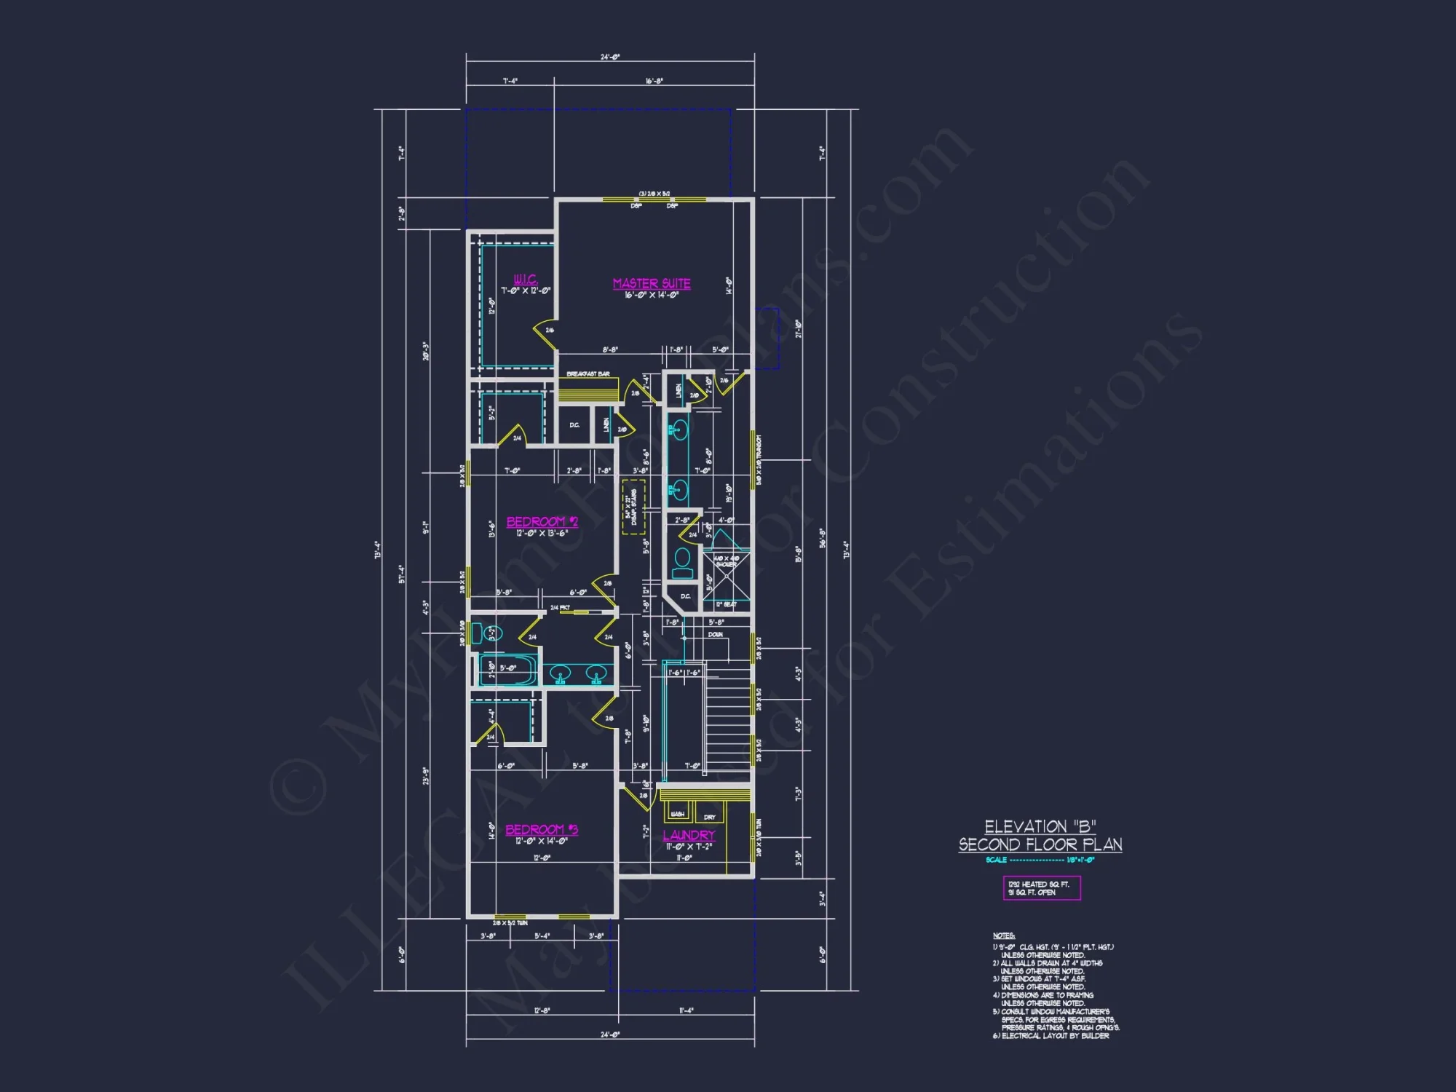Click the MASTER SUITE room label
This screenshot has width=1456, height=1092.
pos(652,283)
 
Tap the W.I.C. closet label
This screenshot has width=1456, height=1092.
pos(525,279)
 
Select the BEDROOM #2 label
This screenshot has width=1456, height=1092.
pos(542,521)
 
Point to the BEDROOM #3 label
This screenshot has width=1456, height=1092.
pos(542,829)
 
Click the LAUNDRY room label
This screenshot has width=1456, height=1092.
pos(689,835)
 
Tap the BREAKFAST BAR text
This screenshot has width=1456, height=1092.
pos(587,373)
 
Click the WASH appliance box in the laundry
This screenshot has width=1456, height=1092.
pos(678,812)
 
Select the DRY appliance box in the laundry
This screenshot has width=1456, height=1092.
pos(710,815)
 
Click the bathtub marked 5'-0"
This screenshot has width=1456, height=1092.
pos(508,669)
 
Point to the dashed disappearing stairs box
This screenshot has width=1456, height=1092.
pos(633,507)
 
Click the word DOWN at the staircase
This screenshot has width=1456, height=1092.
pos(716,635)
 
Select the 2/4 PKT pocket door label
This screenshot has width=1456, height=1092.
pos(560,607)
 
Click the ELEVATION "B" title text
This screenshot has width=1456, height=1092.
pos(1040,826)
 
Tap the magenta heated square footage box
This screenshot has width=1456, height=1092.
pos(1041,888)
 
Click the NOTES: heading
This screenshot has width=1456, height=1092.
pos(1003,935)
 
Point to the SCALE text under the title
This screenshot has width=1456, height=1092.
pos(997,860)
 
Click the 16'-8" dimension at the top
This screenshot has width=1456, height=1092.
pos(654,81)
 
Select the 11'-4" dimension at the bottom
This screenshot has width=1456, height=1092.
pos(686,1010)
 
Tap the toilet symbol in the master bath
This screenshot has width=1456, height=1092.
pos(682,561)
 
